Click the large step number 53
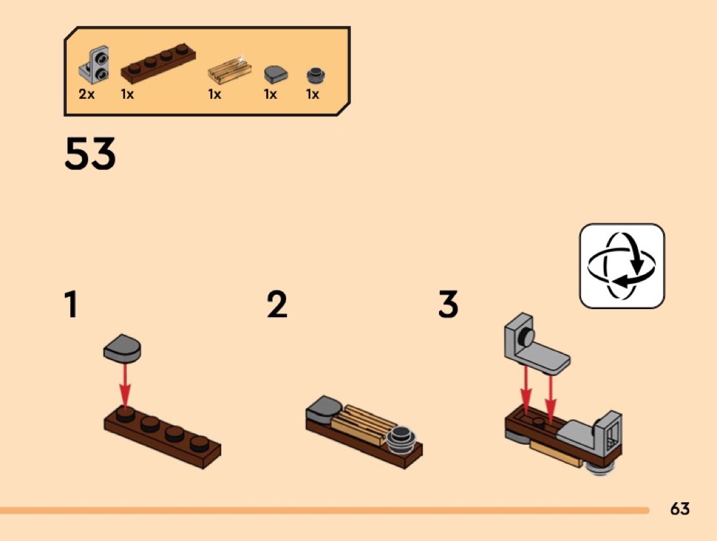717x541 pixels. pos(90,153)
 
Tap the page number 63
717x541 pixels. pos(679,508)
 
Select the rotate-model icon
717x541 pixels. pos(622,266)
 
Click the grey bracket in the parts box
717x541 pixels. pos(94,65)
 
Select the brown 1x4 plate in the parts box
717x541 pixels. pos(158,63)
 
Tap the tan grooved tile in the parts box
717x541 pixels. pos(229,70)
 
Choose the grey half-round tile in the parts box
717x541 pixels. pos(276,74)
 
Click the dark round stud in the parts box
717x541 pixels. pos(315,76)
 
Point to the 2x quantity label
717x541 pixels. pos(87,94)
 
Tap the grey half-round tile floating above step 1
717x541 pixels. pos(122,348)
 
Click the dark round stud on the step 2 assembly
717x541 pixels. pos(401,439)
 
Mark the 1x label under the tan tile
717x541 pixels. pos(214,94)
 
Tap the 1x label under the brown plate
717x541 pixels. pos(127,94)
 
